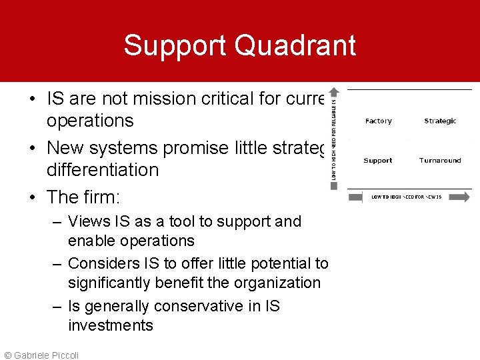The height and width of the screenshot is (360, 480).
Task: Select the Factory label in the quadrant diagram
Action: [x=378, y=121]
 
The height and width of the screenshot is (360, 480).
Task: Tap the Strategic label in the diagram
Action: [x=440, y=121]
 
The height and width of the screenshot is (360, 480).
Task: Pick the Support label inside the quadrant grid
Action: [x=378, y=161]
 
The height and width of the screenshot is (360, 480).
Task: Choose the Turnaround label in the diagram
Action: [x=440, y=161]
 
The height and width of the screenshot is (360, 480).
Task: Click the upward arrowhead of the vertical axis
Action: [x=334, y=91]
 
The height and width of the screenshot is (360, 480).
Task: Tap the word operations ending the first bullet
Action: [x=90, y=121]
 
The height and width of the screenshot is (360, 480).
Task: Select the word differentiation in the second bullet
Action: [x=103, y=170]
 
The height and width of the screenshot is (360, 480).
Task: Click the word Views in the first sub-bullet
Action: [x=87, y=221]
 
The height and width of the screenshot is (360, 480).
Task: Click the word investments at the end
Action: [x=111, y=325]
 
